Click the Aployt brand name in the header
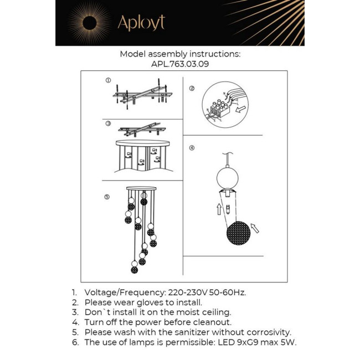141,23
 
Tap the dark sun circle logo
88,23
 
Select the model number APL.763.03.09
180,64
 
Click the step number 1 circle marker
109,81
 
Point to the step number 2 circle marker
192,88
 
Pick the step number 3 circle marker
109,124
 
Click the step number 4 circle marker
192,148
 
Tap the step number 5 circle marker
107,197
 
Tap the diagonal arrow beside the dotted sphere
254,227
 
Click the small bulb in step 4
227,209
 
